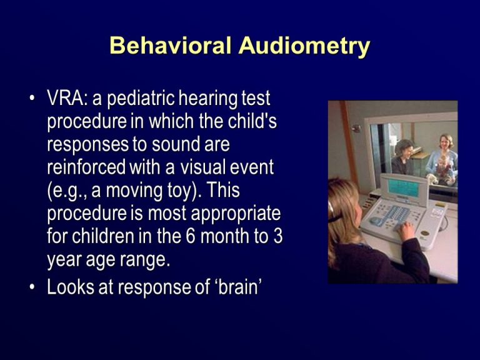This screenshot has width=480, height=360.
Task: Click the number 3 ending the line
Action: point(278,236)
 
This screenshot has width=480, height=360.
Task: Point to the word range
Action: point(144,259)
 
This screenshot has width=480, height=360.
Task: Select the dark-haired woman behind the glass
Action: point(403,156)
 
